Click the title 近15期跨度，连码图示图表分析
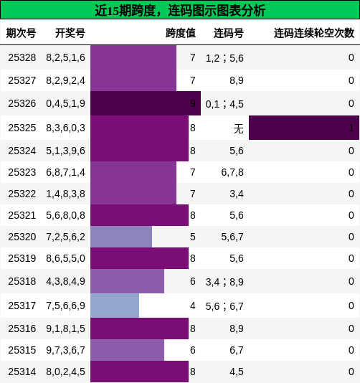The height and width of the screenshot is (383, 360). pyautogui.click(x=180, y=10)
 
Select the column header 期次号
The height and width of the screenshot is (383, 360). pyautogui.click(x=21, y=33)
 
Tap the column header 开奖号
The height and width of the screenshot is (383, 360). pyautogui.click(x=70, y=33)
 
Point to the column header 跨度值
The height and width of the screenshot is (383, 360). pyautogui.click(x=180, y=33)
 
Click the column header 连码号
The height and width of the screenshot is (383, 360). pyautogui.click(x=228, y=33)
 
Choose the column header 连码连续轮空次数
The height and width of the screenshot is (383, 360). pyautogui.click(x=313, y=33)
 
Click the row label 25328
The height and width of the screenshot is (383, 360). pyautogui.click(x=22, y=57)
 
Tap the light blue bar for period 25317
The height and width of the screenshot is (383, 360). pyautogui.click(x=115, y=306)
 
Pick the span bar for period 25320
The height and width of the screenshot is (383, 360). pyautogui.click(x=121, y=237)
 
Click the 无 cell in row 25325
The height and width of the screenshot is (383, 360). pyautogui.click(x=238, y=128)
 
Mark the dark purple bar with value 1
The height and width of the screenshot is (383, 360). pyautogui.click(x=303, y=128)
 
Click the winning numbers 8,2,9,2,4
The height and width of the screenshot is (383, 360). pyautogui.click(x=65, y=80)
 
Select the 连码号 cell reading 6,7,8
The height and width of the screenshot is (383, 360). pyautogui.click(x=232, y=172)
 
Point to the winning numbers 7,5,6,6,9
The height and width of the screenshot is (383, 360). pyautogui.click(x=65, y=306)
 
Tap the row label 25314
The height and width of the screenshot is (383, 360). pyautogui.click(x=22, y=372)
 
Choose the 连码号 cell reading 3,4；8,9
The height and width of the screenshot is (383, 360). pyautogui.click(x=224, y=282)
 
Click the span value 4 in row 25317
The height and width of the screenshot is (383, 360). pyautogui.click(x=192, y=306)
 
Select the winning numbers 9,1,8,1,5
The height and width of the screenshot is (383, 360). pyautogui.click(x=65, y=328)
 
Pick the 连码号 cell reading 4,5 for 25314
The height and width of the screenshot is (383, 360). pyautogui.click(x=237, y=372)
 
